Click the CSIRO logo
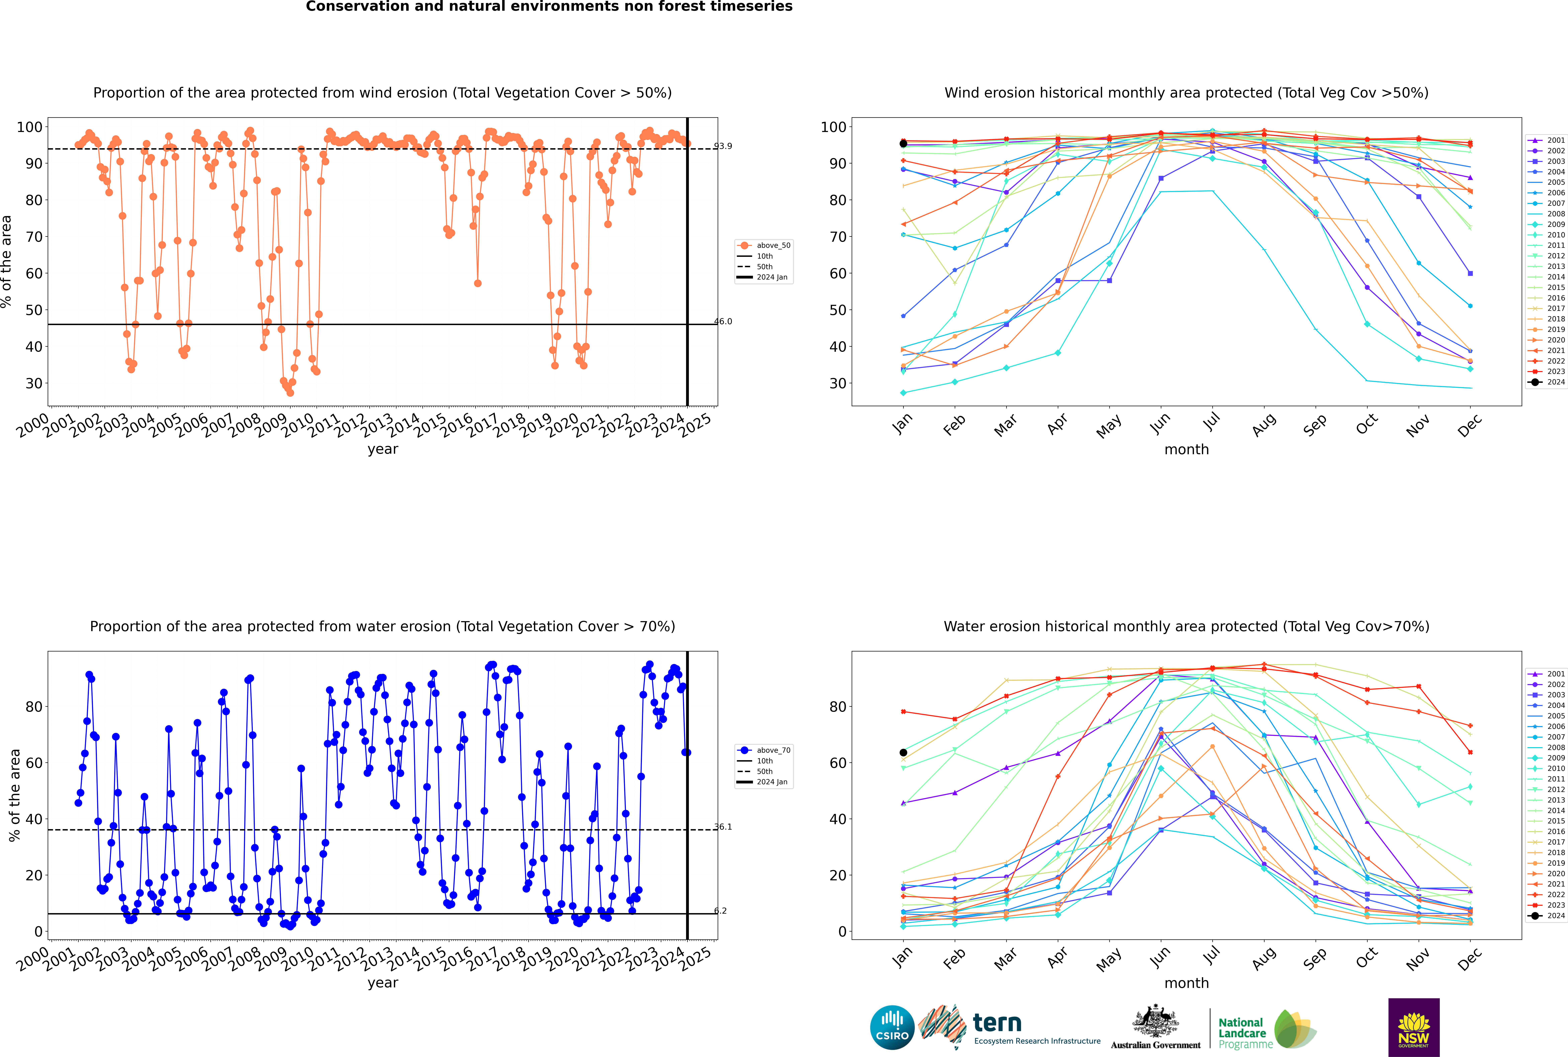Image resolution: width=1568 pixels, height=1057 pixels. coord(892,1027)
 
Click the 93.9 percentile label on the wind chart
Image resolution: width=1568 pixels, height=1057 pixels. coord(723,146)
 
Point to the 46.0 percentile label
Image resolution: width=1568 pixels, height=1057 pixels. coord(723,322)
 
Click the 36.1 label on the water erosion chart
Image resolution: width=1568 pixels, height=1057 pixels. coord(723,826)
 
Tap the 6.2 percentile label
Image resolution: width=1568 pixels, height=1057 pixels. coord(720,911)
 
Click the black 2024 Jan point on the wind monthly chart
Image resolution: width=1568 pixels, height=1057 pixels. coord(903,144)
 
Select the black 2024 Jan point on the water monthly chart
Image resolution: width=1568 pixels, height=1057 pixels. coord(903,752)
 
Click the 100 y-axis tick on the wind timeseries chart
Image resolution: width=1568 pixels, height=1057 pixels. coord(30,127)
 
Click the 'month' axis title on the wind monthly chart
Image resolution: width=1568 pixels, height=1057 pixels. coord(1186,450)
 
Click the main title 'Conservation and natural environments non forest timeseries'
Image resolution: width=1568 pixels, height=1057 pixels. coord(549,7)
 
